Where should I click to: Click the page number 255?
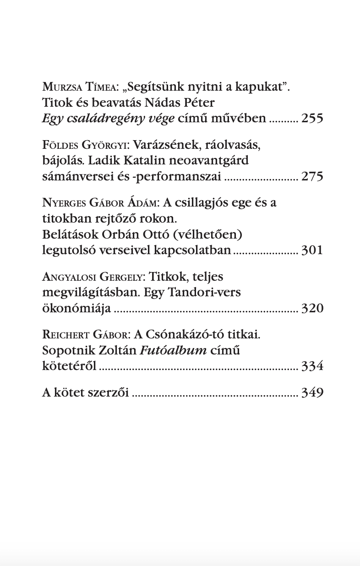tap(312, 119)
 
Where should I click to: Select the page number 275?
tap(312, 176)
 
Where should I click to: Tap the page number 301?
tap(312, 250)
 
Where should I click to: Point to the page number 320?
tap(312, 308)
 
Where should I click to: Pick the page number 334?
tap(312, 366)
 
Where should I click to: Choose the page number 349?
tap(312, 392)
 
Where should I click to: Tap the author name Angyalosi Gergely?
tap(93, 277)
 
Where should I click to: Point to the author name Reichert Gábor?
tap(85, 335)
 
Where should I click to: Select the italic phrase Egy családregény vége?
tap(108, 119)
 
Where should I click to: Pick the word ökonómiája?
tap(76, 308)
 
